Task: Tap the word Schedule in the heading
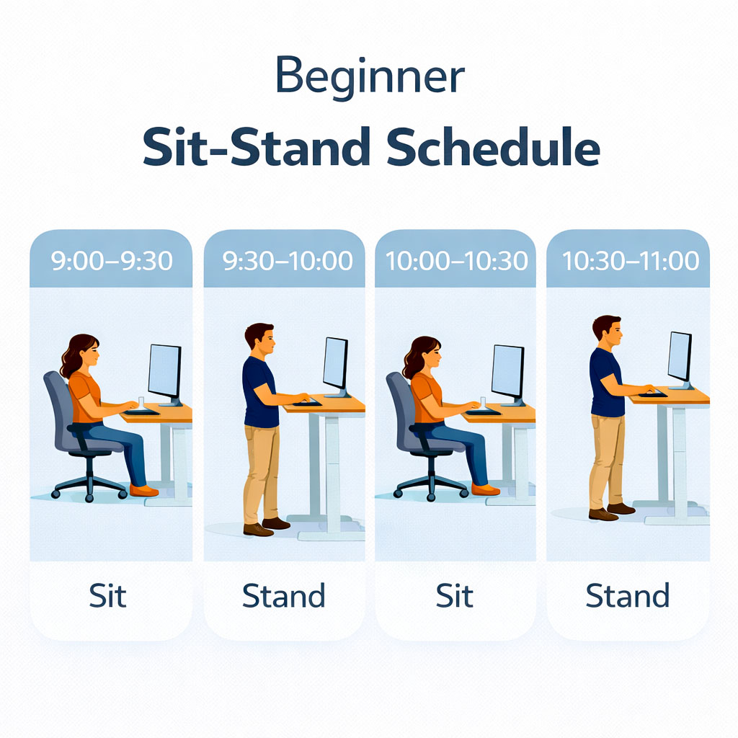(492, 148)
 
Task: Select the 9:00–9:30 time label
(112, 261)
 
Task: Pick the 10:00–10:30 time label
(456, 261)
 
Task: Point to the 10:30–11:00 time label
(628, 261)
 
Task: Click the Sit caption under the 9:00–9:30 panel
(108, 597)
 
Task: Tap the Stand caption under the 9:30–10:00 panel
(283, 597)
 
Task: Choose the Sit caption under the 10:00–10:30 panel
(454, 597)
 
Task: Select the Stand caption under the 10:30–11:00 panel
(627, 597)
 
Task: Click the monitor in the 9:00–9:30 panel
(164, 371)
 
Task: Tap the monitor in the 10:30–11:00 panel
(680, 357)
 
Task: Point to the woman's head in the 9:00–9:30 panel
(86, 353)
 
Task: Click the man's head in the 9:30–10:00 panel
(260, 339)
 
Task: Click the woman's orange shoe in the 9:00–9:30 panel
(143, 491)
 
